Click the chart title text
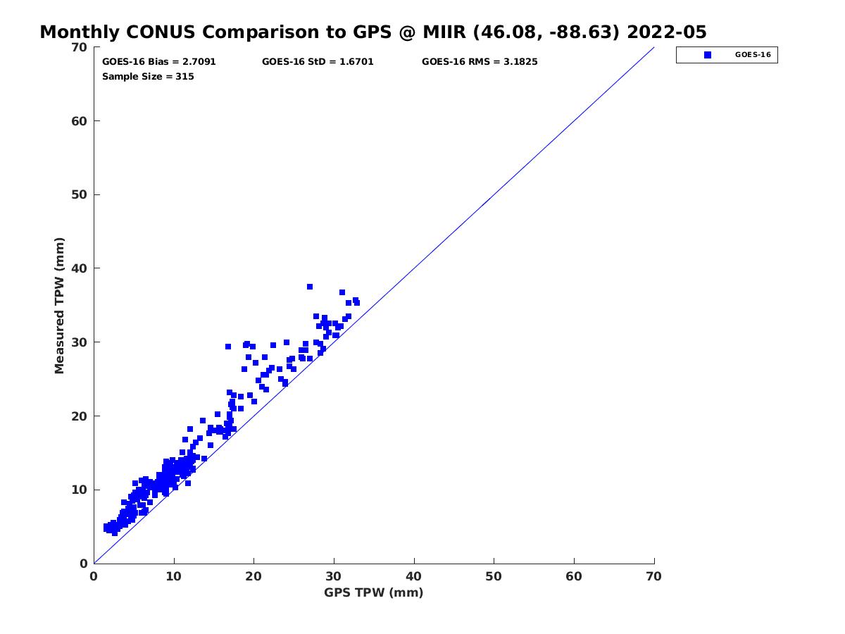point(373,32)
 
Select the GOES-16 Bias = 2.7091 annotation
point(159,62)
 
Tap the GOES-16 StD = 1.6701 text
point(318,62)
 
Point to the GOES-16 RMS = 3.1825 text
point(480,62)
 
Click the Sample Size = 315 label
point(148,76)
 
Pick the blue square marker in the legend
point(708,55)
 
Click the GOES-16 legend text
point(751,55)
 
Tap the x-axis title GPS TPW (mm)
point(374,592)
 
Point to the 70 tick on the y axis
point(79,47)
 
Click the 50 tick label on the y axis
point(79,195)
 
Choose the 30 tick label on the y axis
point(79,342)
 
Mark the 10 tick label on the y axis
point(79,490)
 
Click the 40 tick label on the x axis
point(414,576)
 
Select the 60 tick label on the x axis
point(574,576)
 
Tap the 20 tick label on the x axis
point(254,576)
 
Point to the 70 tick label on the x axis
point(654,576)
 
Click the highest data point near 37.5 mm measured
point(310,287)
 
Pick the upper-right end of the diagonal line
point(653,48)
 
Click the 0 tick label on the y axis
point(83,564)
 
